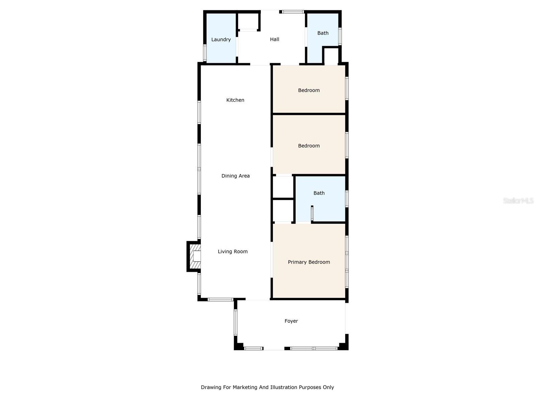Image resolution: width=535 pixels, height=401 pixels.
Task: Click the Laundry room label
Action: [221, 39]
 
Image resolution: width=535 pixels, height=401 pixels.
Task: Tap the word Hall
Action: [275, 39]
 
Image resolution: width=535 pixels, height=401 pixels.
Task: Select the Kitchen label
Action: [235, 100]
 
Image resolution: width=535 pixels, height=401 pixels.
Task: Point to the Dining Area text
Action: [235, 176]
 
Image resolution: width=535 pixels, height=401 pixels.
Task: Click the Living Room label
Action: [233, 252]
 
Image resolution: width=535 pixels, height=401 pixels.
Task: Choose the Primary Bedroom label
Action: [309, 262]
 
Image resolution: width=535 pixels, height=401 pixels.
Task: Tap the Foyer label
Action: [291, 321]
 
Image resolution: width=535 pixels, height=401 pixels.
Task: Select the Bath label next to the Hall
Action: [323, 33]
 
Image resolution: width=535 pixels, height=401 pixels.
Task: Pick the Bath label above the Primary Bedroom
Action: [319, 193]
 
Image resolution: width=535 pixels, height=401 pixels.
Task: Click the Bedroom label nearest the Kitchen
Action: [309, 90]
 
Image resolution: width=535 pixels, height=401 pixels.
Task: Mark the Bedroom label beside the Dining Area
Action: [309, 146]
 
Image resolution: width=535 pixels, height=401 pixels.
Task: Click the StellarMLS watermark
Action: [518, 200]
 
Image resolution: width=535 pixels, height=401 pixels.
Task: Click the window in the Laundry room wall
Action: [205, 53]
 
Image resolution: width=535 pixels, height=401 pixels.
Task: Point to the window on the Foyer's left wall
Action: [235, 322]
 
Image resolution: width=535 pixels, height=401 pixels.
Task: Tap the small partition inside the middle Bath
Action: [312, 213]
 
